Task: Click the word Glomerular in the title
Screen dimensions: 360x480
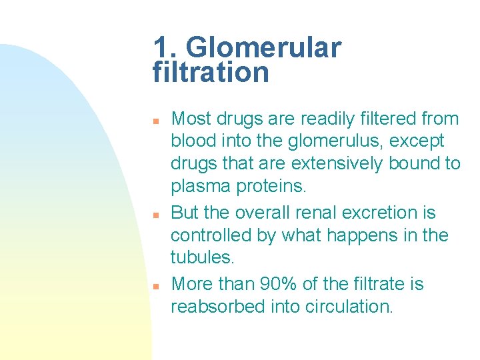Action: click(x=264, y=48)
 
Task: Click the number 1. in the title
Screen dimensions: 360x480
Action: click(x=166, y=48)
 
